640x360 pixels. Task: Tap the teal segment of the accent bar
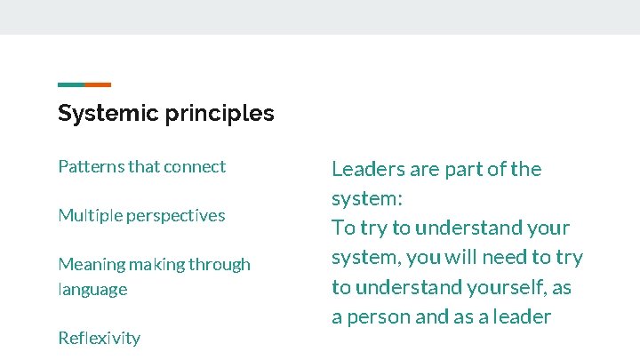pyautogui.click(x=71, y=85)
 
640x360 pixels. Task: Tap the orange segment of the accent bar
pyautogui.click(x=98, y=85)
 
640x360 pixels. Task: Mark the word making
pyautogui.click(x=155, y=265)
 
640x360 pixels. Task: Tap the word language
pyautogui.click(x=92, y=290)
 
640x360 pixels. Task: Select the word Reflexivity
pyautogui.click(x=99, y=338)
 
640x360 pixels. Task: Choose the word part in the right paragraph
pyautogui.click(x=453, y=170)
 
